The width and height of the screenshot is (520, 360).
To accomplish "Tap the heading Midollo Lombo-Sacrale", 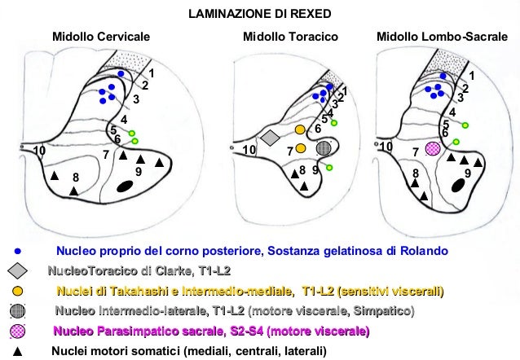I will point(441,37).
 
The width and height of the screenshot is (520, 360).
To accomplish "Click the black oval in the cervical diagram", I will point(125,187).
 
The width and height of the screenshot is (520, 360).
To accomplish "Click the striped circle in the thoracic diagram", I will point(324,148).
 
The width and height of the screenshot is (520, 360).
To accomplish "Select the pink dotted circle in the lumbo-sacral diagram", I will point(433,148).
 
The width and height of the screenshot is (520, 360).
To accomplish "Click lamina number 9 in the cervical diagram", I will point(139,172).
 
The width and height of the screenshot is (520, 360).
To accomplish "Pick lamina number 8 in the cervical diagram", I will point(75,178).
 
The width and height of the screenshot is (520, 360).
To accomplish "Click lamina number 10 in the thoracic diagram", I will point(249,151).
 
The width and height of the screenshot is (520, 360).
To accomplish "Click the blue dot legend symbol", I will point(18,250).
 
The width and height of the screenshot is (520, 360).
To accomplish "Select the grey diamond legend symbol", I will point(18,270).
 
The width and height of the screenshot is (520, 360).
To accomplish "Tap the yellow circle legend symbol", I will point(18,291).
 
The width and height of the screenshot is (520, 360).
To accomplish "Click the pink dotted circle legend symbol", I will point(18,331).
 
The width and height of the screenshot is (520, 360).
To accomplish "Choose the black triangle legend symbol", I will point(18,351).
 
